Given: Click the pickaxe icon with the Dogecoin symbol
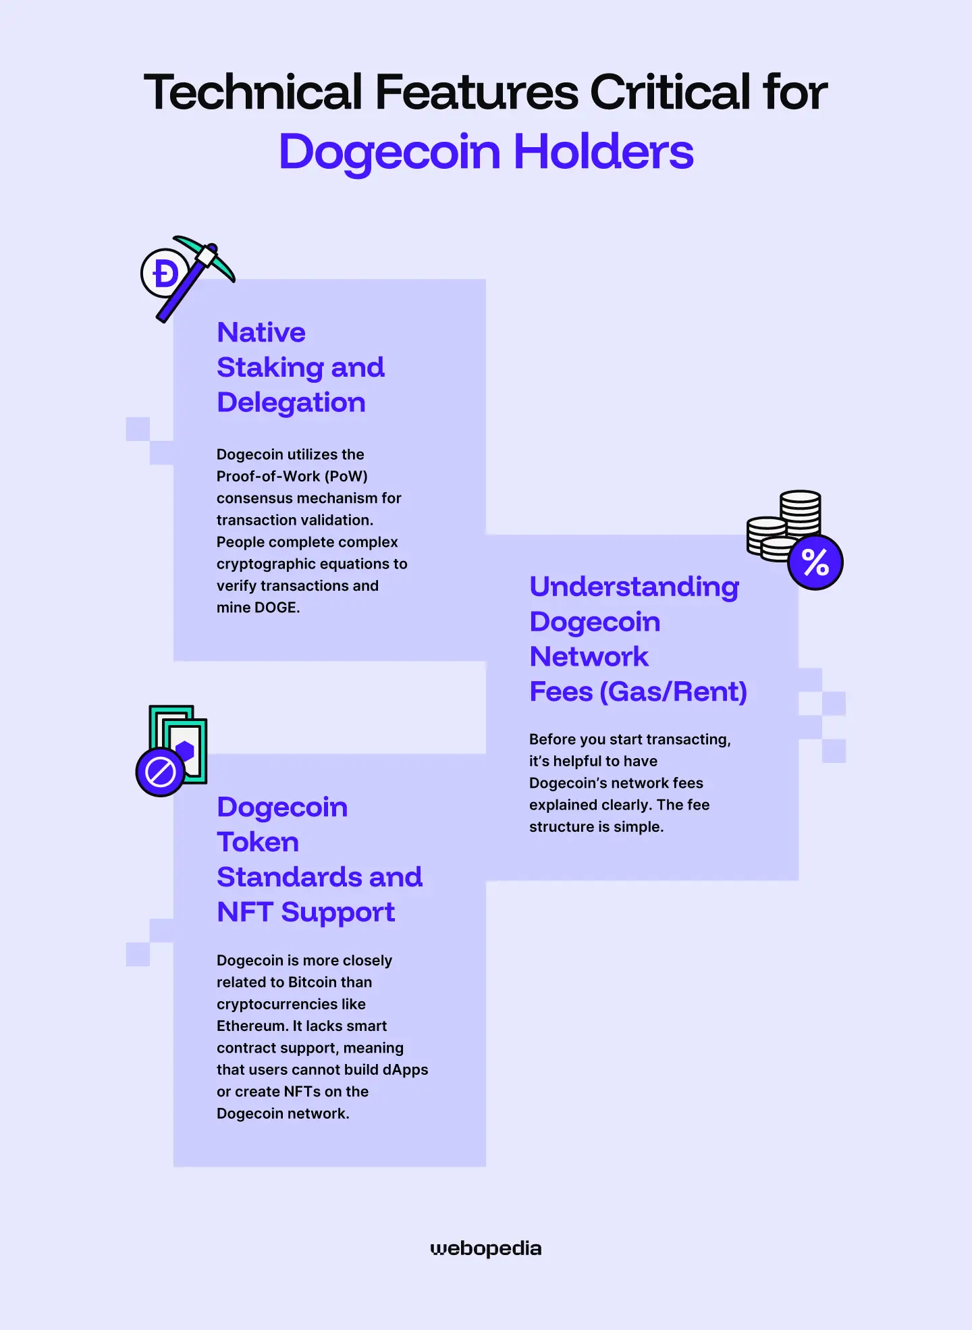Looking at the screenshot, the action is [188, 278].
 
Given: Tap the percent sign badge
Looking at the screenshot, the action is [815, 562].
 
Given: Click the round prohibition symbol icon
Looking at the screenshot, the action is [161, 772].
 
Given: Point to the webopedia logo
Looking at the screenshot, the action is [486, 1249].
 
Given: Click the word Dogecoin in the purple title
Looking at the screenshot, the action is [389, 153].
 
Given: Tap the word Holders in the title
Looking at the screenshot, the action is [603, 151].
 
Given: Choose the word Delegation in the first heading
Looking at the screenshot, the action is [291, 403].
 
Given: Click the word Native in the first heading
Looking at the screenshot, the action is [261, 332].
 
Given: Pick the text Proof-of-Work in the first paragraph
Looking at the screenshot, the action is [269, 477].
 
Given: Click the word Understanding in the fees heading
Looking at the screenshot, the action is [634, 587].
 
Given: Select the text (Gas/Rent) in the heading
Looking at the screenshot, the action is [674, 692].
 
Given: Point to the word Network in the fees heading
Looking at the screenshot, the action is [589, 657].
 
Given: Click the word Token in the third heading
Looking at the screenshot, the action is [258, 842].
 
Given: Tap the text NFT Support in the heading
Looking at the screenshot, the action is [306, 913].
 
